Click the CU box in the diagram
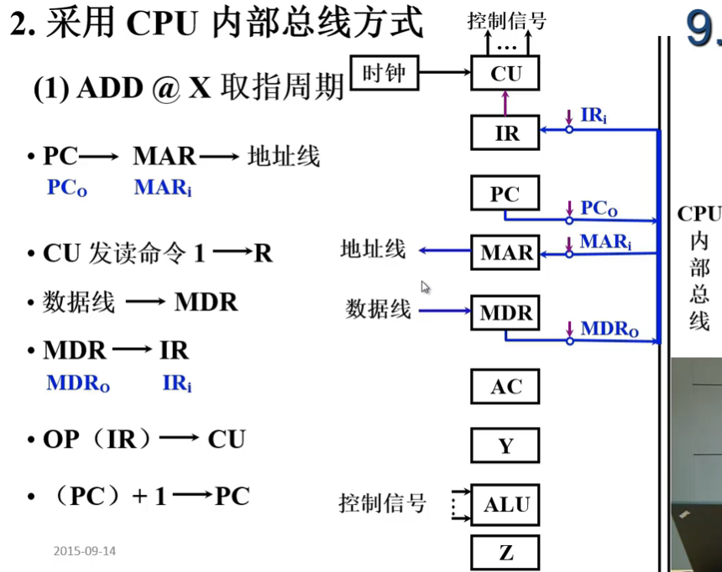point(505,74)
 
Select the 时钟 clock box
point(383,74)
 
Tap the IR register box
point(505,133)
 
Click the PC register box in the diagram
point(505,195)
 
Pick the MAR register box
point(505,252)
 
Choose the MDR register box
point(505,313)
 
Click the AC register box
point(505,387)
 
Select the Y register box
point(505,445)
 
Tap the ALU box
point(505,505)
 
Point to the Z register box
point(505,553)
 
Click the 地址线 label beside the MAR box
point(373,250)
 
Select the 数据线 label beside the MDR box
point(379,309)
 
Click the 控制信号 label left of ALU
point(382,503)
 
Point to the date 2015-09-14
point(85,551)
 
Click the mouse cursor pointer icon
point(425,287)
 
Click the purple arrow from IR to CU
point(505,102)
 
